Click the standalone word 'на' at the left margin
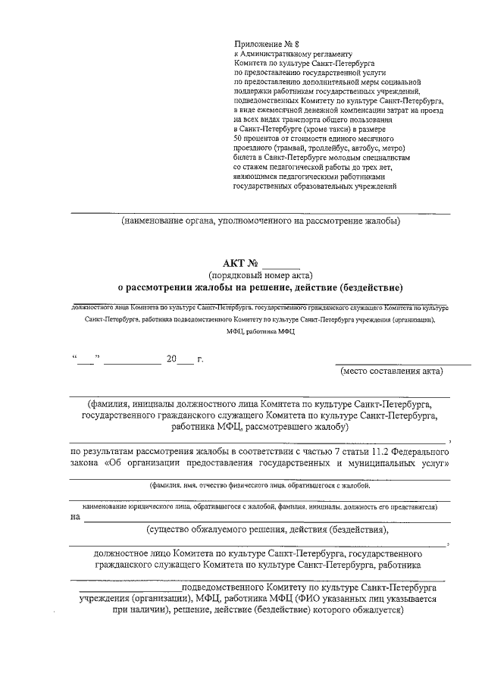[74, 518]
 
